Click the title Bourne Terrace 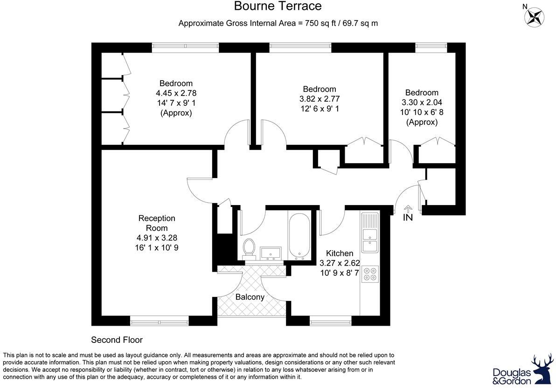click(278, 6)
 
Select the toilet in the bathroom click(249, 248)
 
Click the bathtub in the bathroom click(297, 235)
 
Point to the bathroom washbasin click(270, 253)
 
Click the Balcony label click(250, 297)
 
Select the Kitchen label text click(339, 253)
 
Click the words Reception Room click(157, 223)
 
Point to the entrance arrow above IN click(408, 209)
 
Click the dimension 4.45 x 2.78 click(176, 93)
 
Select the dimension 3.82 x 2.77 click(320, 99)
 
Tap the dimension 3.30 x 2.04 click(422, 103)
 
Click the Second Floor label click(117, 340)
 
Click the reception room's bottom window click(159, 321)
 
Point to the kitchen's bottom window click(330, 321)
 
